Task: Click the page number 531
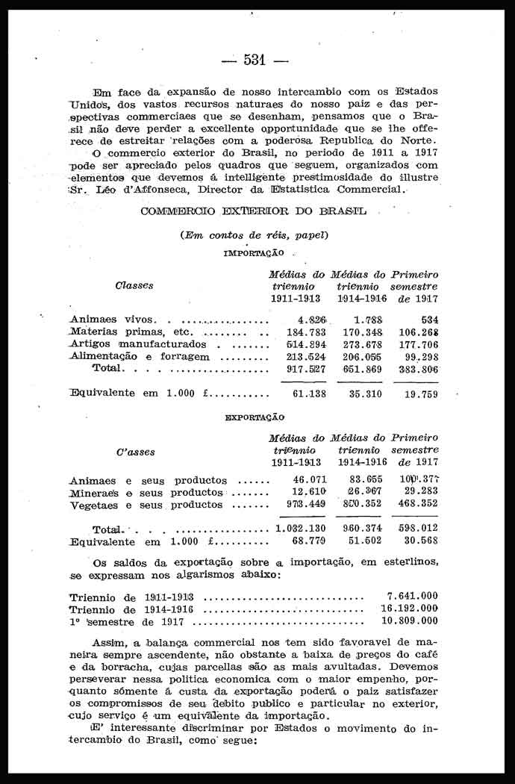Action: click(255, 60)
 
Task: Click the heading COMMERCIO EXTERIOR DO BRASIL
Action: click(253, 212)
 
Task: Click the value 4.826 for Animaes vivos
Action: click(304, 320)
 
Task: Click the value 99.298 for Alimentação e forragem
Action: click(420, 356)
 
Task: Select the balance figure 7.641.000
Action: click(413, 596)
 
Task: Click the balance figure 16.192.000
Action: click(410, 608)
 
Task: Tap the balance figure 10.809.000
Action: click(410, 620)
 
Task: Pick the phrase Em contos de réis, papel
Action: click(255, 235)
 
